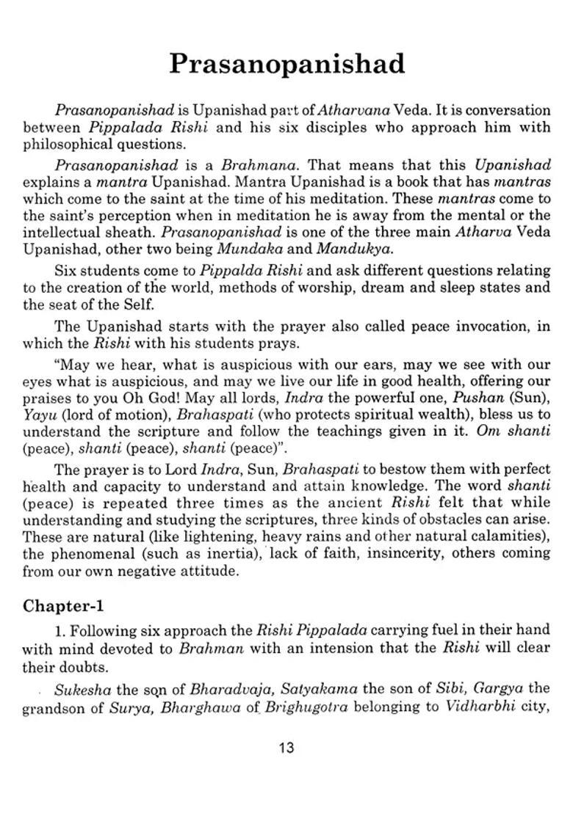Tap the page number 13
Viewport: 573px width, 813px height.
coord(286,748)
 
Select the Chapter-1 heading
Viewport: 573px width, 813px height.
coord(63,605)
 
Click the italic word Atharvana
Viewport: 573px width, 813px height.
coord(353,111)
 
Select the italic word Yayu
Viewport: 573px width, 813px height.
coord(37,414)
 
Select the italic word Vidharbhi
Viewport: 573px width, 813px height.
coord(478,705)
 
